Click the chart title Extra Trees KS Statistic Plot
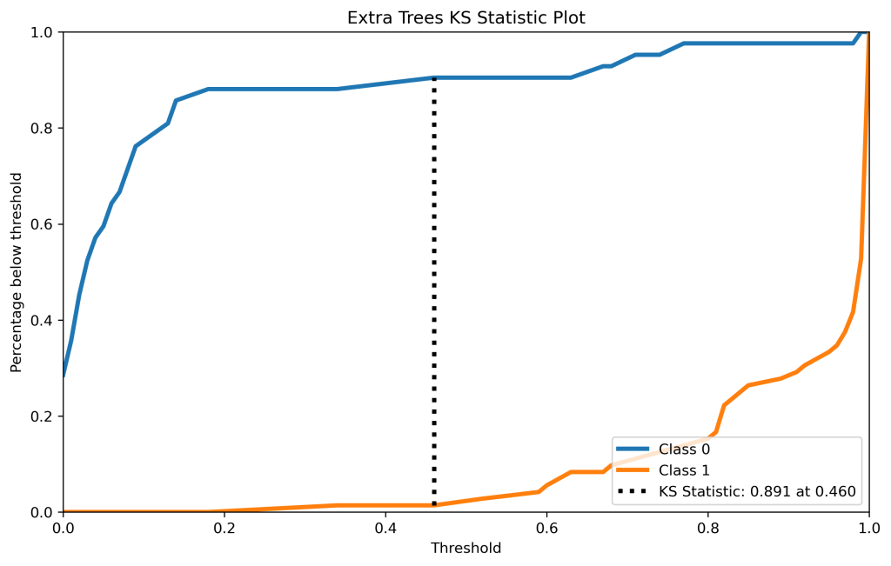(x=466, y=17)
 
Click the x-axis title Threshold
(x=466, y=549)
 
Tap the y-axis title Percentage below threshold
(x=17, y=272)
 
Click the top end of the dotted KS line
(x=434, y=79)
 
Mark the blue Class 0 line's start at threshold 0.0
(x=64, y=376)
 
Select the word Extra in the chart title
(x=365, y=17)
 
